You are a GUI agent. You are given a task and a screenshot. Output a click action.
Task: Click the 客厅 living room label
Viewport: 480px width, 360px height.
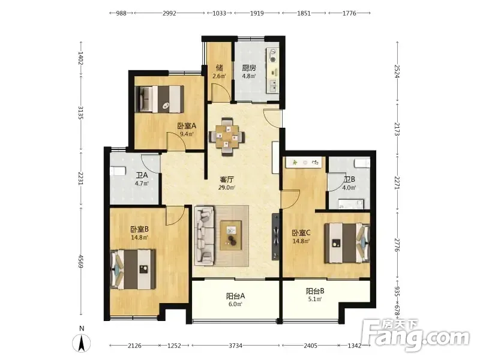pyautogui.click(x=227, y=179)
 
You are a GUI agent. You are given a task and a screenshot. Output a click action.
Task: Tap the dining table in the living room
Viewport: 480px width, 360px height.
pyautogui.click(x=227, y=137)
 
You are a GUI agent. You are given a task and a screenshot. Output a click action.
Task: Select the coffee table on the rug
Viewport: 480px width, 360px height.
pyautogui.click(x=230, y=235)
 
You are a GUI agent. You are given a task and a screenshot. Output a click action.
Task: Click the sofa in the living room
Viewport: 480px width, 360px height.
pyautogui.click(x=205, y=235)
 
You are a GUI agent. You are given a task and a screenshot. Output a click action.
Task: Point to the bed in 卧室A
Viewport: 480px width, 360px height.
pyautogui.click(x=160, y=99)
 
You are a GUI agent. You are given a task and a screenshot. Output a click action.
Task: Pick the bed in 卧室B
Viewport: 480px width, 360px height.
pyautogui.click(x=133, y=269)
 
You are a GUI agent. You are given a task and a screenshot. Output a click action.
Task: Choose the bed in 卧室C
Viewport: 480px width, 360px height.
pyautogui.click(x=347, y=243)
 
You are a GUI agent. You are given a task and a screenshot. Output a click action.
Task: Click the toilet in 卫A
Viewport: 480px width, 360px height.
pyautogui.click(x=118, y=171)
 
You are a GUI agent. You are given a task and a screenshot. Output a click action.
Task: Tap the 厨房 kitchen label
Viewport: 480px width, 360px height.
pyautogui.click(x=249, y=68)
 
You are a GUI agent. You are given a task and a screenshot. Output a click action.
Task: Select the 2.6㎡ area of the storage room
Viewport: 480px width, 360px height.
pyautogui.click(x=219, y=76)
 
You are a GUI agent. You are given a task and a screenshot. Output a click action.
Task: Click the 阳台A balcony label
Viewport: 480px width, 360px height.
pyautogui.click(x=235, y=296)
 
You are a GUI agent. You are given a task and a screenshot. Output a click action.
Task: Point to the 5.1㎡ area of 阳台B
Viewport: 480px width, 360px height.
pyautogui.click(x=315, y=299)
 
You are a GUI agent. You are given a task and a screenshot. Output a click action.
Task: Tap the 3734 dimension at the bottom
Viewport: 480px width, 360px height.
pyautogui.click(x=235, y=346)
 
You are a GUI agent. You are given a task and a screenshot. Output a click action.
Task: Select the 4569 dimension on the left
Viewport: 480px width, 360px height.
pyautogui.click(x=81, y=261)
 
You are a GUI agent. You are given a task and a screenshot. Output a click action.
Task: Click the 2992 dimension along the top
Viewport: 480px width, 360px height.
pyautogui.click(x=169, y=13)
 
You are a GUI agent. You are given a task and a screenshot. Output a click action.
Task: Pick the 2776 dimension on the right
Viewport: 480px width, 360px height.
pyautogui.click(x=397, y=245)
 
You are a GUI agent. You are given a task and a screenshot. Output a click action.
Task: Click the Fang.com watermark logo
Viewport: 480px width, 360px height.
pyautogui.click(x=415, y=335)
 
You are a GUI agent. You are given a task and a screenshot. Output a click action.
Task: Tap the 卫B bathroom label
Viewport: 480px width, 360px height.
pyautogui.click(x=349, y=179)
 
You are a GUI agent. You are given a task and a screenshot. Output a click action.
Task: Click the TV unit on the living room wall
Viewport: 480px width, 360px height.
pyautogui.click(x=275, y=236)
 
